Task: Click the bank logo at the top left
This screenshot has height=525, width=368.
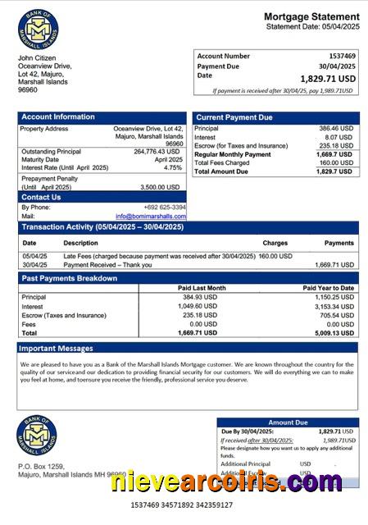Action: [x=38, y=28]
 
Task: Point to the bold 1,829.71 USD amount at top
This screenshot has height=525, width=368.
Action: [x=328, y=79]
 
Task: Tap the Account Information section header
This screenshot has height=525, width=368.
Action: [x=57, y=117]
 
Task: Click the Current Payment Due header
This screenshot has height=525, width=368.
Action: [x=234, y=117]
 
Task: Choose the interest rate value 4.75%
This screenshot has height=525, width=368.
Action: [x=173, y=167]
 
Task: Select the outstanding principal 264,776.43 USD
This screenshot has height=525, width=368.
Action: [x=156, y=151]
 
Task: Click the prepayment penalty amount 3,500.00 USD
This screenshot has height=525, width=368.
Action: [x=161, y=187]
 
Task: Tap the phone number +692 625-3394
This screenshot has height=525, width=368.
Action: [x=164, y=208]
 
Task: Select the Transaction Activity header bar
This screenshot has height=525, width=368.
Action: [x=188, y=226]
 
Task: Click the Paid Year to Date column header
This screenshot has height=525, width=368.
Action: [x=328, y=288]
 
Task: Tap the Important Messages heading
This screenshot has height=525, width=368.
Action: [x=57, y=349]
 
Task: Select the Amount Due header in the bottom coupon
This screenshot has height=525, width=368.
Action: [x=287, y=422]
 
